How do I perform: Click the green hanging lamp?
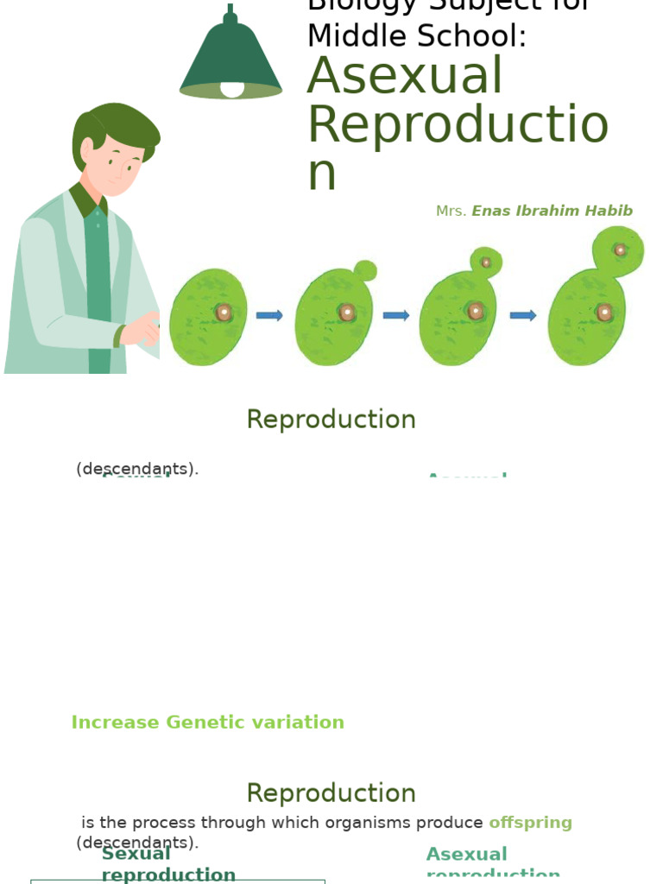pos(230,56)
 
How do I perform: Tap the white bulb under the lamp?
pos(232,89)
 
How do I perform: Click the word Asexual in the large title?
pos(405,76)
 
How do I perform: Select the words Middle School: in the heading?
pos(417,36)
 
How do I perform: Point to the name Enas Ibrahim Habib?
pos(552,212)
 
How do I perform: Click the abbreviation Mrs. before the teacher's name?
pos(451,212)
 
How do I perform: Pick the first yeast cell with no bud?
pos(208,317)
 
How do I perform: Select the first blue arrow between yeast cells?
pos(269,315)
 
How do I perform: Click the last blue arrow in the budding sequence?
pos(523,315)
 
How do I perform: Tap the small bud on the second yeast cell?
pos(365,270)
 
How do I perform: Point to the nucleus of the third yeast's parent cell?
pos(475,311)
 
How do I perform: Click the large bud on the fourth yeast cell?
pos(618,250)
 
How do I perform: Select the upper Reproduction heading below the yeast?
pos(331,420)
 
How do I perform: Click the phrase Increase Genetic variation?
pos(207,723)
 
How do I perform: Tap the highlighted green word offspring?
pos(530,823)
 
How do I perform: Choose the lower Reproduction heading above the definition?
pos(331,793)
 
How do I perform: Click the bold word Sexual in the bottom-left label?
pos(136,854)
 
